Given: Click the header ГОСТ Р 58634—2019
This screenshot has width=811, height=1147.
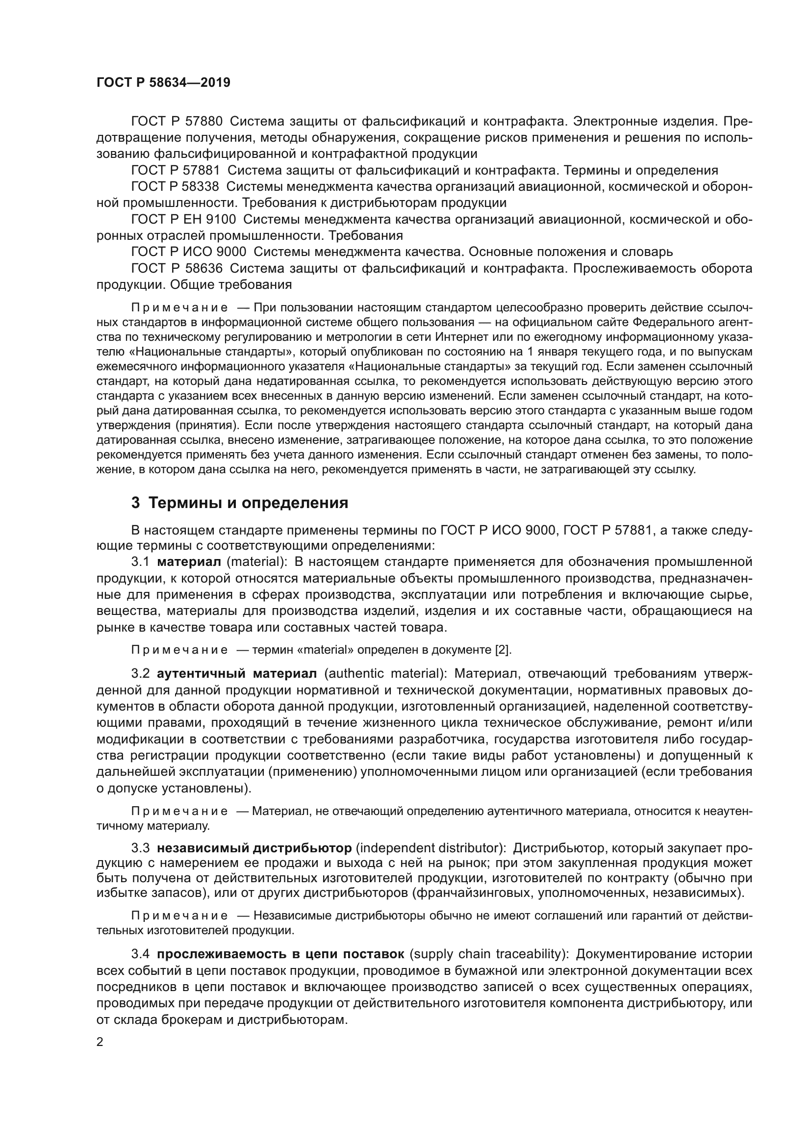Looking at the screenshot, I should point(163,83).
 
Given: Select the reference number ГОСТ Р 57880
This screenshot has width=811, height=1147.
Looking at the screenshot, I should point(177,122).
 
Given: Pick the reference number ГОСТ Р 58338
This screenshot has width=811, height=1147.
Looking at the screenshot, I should point(175,186).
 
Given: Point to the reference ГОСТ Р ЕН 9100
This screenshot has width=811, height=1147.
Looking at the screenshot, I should point(183,219).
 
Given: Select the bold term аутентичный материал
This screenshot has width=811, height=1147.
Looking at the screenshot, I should point(237,673).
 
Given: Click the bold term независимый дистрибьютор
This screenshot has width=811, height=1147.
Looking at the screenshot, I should point(254,848).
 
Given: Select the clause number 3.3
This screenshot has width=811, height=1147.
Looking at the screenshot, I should point(140,848).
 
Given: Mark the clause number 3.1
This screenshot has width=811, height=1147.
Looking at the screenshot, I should point(140,561).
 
